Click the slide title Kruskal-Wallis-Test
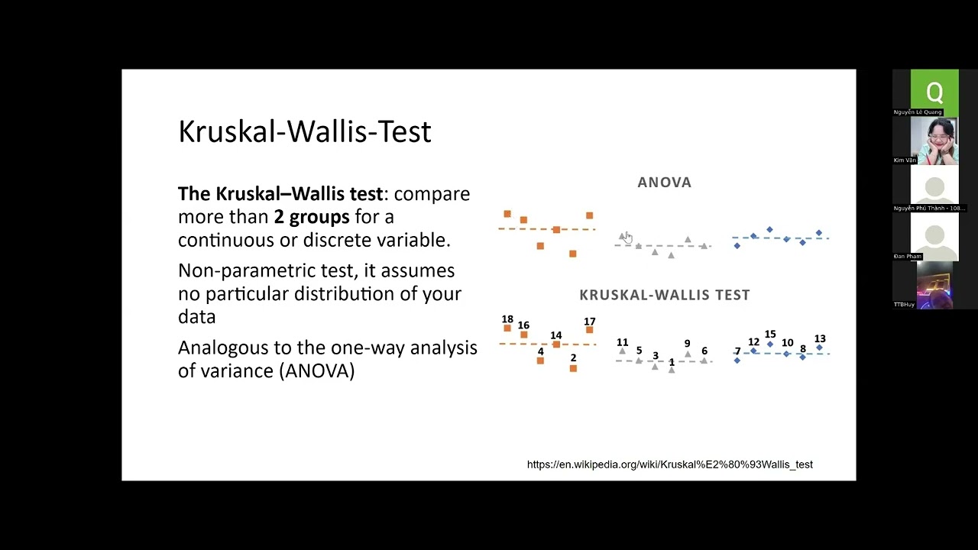(x=304, y=131)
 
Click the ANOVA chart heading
(x=664, y=183)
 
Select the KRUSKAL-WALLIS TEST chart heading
(x=664, y=295)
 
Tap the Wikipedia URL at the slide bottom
(x=669, y=464)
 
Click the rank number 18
(x=507, y=319)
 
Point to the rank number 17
(x=589, y=322)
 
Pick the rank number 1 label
(x=672, y=362)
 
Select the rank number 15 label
(x=770, y=335)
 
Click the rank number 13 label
(x=820, y=338)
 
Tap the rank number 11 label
(x=622, y=343)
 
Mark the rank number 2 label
(x=573, y=357)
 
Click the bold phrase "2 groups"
(x=312, y=217)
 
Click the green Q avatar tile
(x=934, y=92)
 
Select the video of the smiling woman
(x=934, y=141)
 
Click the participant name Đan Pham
(x=907, y=257)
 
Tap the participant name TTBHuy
(x=904, y=305)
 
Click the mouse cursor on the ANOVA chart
(x=627, y=237)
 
